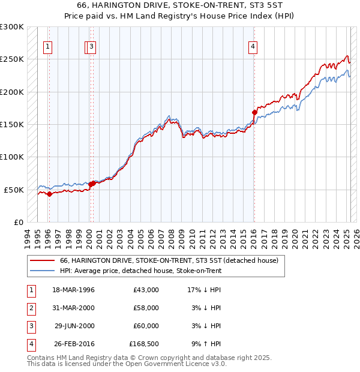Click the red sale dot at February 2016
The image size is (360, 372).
coord(254,112)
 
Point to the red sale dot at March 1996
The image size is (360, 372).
coord(49,193)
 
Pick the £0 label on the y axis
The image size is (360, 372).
coord(17,222)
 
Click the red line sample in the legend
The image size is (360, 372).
coord(41,261)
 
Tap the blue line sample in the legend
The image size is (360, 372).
coord(41,271)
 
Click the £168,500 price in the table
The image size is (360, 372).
coord(144,344)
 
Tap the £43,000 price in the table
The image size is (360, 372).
coord(146,290)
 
